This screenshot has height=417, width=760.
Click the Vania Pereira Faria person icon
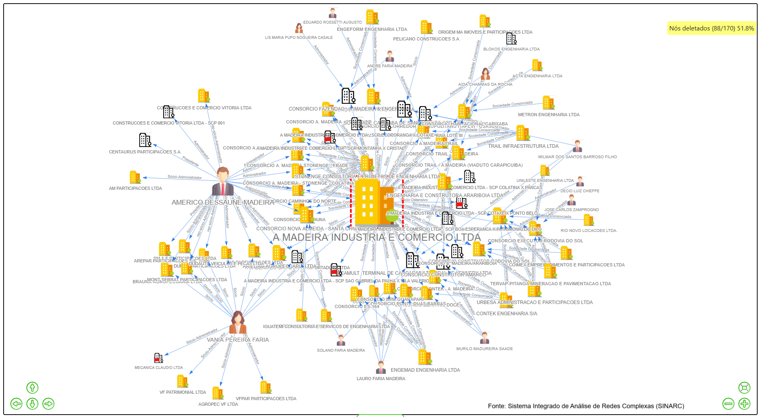(x=238, y=322)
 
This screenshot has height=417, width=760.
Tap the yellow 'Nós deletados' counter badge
(x=711, y=28)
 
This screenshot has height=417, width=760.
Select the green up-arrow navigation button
(x=32, y=388)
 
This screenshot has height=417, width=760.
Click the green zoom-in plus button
(x=744, y=404)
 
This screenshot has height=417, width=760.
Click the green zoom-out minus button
(x=728, y=404)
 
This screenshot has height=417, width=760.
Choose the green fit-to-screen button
(x=744, y=387)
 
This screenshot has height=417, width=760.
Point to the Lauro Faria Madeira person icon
(x=381, y=367)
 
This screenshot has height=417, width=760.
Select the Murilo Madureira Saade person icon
(x=484, y=338)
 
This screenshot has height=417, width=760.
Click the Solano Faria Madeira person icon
(x=341, y=340)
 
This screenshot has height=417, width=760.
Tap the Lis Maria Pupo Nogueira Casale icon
(x=299, y=28)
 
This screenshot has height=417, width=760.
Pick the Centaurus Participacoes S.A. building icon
(x=145, y=140)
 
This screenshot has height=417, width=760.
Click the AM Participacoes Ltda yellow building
(x=135, y=177)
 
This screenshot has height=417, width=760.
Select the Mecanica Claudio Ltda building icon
(x=158, y=358)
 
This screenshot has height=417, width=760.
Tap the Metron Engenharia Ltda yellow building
(x=548, y=103)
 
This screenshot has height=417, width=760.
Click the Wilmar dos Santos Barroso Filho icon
(x=577, y=146)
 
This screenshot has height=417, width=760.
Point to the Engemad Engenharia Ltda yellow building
(x=424, y=357)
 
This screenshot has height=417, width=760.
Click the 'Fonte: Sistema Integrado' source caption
(x=586, y=406)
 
